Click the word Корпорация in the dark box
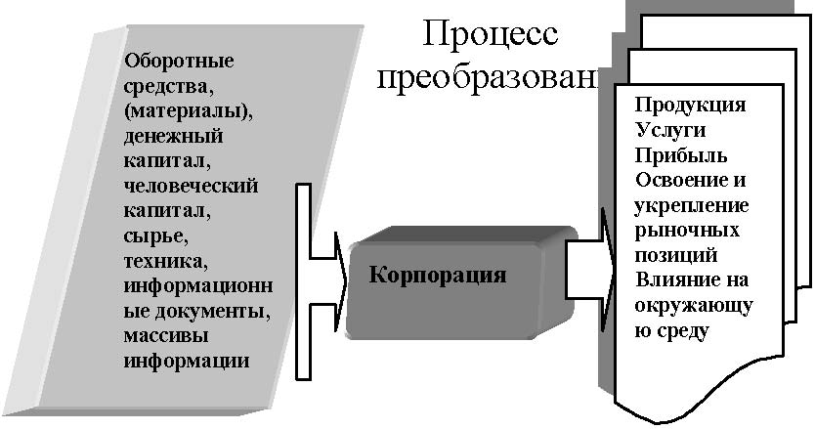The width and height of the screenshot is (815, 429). tap(438, 274)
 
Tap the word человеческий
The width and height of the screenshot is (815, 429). tap(192, 184)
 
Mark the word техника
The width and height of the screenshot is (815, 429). tap(166, 260)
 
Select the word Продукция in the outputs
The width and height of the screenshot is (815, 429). tap(690, 105)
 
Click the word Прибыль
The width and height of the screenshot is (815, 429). tap(680, 155)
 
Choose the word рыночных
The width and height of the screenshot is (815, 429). tap(686, 232)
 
